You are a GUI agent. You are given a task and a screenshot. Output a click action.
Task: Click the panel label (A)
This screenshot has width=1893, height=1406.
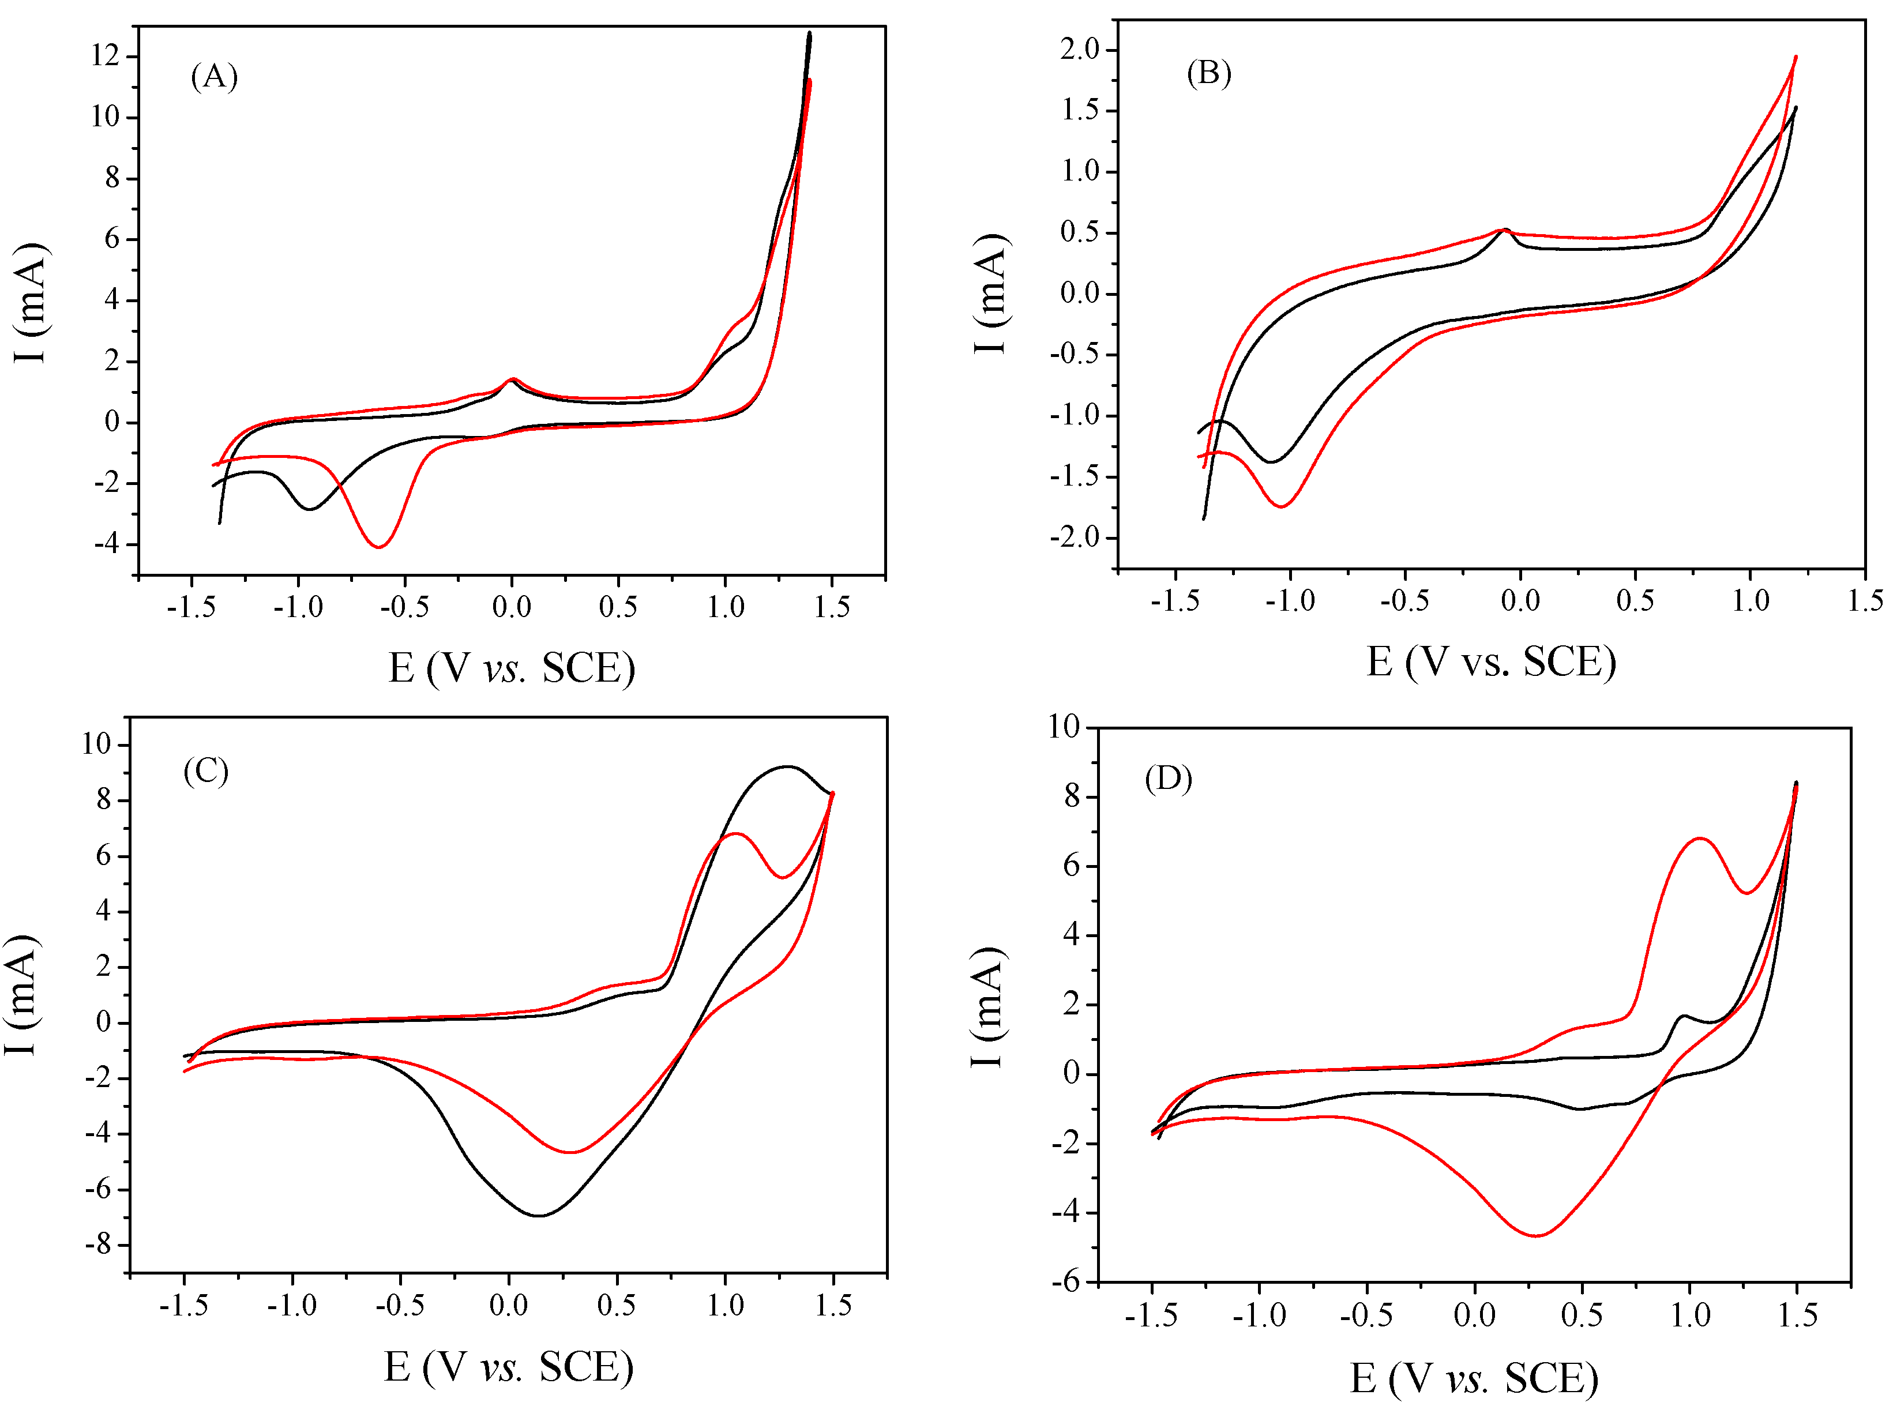(213, 77)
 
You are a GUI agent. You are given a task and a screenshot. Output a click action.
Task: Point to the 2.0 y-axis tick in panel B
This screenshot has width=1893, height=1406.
(1079, 50)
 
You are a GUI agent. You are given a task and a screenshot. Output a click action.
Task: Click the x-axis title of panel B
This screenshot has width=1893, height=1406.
(1490, 661)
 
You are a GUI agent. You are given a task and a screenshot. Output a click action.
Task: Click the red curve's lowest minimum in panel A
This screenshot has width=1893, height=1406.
(380, 546)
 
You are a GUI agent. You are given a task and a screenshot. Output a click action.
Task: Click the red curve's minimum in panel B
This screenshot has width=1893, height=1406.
(1282, 506)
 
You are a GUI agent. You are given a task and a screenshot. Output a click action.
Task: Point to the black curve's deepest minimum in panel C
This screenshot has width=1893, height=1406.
(539, 1215)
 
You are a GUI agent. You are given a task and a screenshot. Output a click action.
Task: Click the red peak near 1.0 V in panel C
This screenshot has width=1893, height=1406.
(736, 833)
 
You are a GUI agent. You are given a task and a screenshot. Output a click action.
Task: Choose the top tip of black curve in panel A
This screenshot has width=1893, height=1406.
(809, 33)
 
